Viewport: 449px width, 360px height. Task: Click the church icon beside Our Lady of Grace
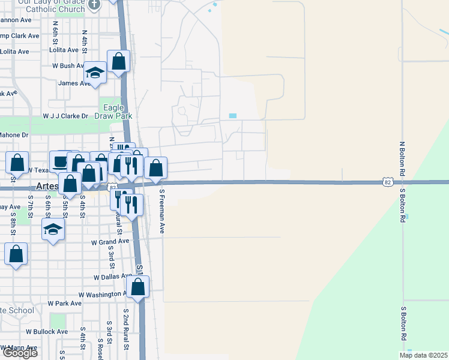point(94,4)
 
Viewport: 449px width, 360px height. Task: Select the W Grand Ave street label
point(110,241)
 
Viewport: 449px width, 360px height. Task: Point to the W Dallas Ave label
point(112,277)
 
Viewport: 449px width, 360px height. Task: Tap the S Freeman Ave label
point(161,211)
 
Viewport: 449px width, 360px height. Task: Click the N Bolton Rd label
point(403,158)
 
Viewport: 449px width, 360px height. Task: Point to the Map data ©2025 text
point(423,355)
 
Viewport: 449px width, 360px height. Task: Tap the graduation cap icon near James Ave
point(95,73)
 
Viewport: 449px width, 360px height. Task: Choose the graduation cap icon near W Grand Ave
point(53,229)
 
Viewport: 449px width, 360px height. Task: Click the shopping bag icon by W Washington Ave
point(138,287)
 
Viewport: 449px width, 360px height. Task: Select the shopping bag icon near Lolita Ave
point(119,61)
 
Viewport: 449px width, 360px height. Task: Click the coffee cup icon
point(61,161)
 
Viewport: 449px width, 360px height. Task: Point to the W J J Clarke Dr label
point(65,116)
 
